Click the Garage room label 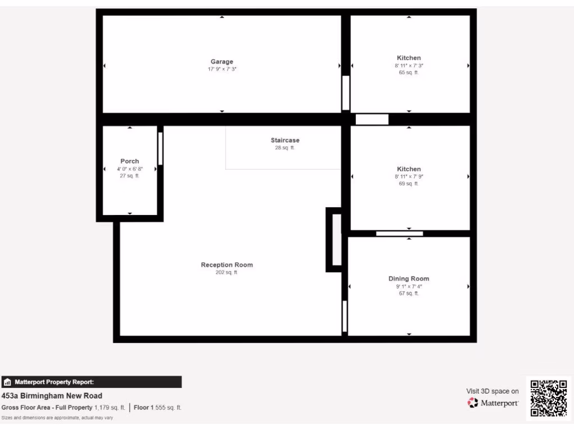pos(222,62)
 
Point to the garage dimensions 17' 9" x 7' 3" pos(222,69)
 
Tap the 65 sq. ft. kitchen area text pos(409,72)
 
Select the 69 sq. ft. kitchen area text pos(409,183)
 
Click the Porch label pos(129,161)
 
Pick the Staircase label pos(285,140)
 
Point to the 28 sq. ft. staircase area pos(285,148)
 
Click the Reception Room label pos(226,265)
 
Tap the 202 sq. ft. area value pos(226,273)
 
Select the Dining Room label pos(409,278)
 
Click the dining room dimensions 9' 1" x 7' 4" pos(409,286)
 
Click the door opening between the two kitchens pos(372,119)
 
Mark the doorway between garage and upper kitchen pos(346,93)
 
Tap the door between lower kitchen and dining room pos(399,233)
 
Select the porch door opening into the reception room pos(160,148)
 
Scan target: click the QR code pos(548,398)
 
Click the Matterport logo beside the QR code pos(493,403)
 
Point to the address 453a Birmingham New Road pos(52,396)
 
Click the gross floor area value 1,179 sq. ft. pos(110,408)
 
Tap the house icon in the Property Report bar pos(7,382)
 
